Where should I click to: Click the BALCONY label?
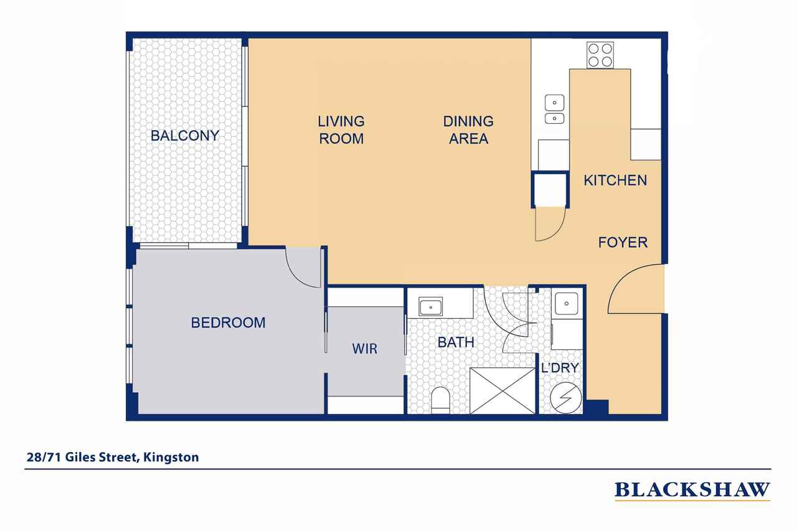click(x=185, y=136)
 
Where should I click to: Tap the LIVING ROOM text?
click(x=341, y=130)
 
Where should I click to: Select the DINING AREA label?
click(x=468, y=130)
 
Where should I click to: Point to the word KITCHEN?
click(x=615, y=181)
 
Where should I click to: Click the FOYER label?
click(x=623, y=242)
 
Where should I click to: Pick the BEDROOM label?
click(x=228, y=322)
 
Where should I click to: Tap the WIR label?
click(x=365, y=349)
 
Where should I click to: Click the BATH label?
click(x=456, y=342)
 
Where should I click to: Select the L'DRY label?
click(x=560, y=367)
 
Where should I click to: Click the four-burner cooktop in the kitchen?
click(x=600, y=55)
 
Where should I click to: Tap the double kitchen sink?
click(x=554, y=109)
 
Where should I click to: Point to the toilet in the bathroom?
click(x=440, y=400)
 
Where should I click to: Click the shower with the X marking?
click(x=502, y=391)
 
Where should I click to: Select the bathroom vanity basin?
click(x=430, y=307)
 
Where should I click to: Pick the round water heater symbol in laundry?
click(x=566, y=398)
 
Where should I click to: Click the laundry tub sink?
click(x=567, y=304)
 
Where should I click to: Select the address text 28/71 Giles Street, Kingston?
click(x=113, y=457)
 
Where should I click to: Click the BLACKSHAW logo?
click(x=692, y=490)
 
